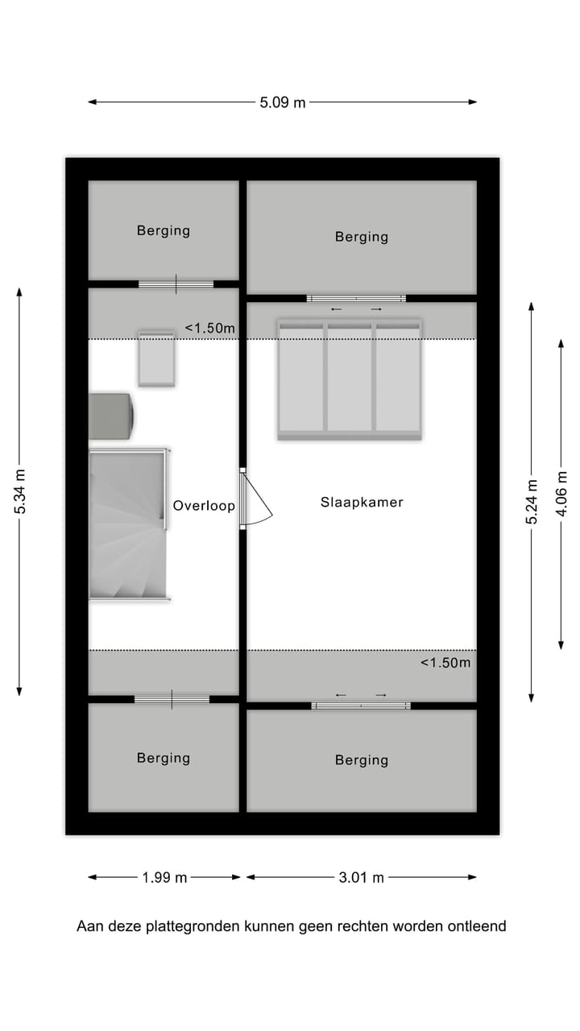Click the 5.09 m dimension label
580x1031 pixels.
(x=283, y=102)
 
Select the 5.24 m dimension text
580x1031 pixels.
(x=531, y=502)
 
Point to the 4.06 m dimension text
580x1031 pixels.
(x=561, y=495)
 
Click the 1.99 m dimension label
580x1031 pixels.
(x=164, y=877)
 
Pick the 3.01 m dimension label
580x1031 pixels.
(x=361, y=877)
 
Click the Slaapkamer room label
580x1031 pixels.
(x=362, y=502)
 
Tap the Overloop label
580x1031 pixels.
(x=204, y=506)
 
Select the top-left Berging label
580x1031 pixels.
(x=164, y=230)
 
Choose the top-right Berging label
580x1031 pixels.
(x=362, y=237)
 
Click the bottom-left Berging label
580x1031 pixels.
(x=164, y=758)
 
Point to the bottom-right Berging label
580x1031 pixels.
(x=362, y=760)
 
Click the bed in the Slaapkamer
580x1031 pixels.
(x=350, y=379)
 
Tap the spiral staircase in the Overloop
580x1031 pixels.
(x=128, y=524)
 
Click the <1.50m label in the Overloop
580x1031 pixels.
(x=210, y=328)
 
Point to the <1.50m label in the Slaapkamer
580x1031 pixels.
(x=445, y=663)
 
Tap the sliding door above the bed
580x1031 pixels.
(x=356, y=299)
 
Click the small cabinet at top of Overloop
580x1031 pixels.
(x=156, y=358)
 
